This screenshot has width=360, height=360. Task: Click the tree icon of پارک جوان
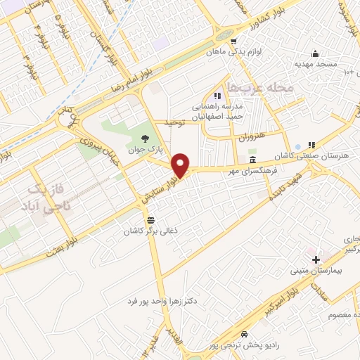(x=145, y=138)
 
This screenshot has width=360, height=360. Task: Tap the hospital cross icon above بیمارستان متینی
(x=316, y=259)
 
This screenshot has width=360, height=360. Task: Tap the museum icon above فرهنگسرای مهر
(x=252, y=161)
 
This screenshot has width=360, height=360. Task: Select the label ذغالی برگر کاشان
(x=149, y=231)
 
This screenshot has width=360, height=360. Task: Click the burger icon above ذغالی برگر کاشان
(x=149, y=220)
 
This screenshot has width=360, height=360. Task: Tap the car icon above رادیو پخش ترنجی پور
(x=244, y=334)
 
